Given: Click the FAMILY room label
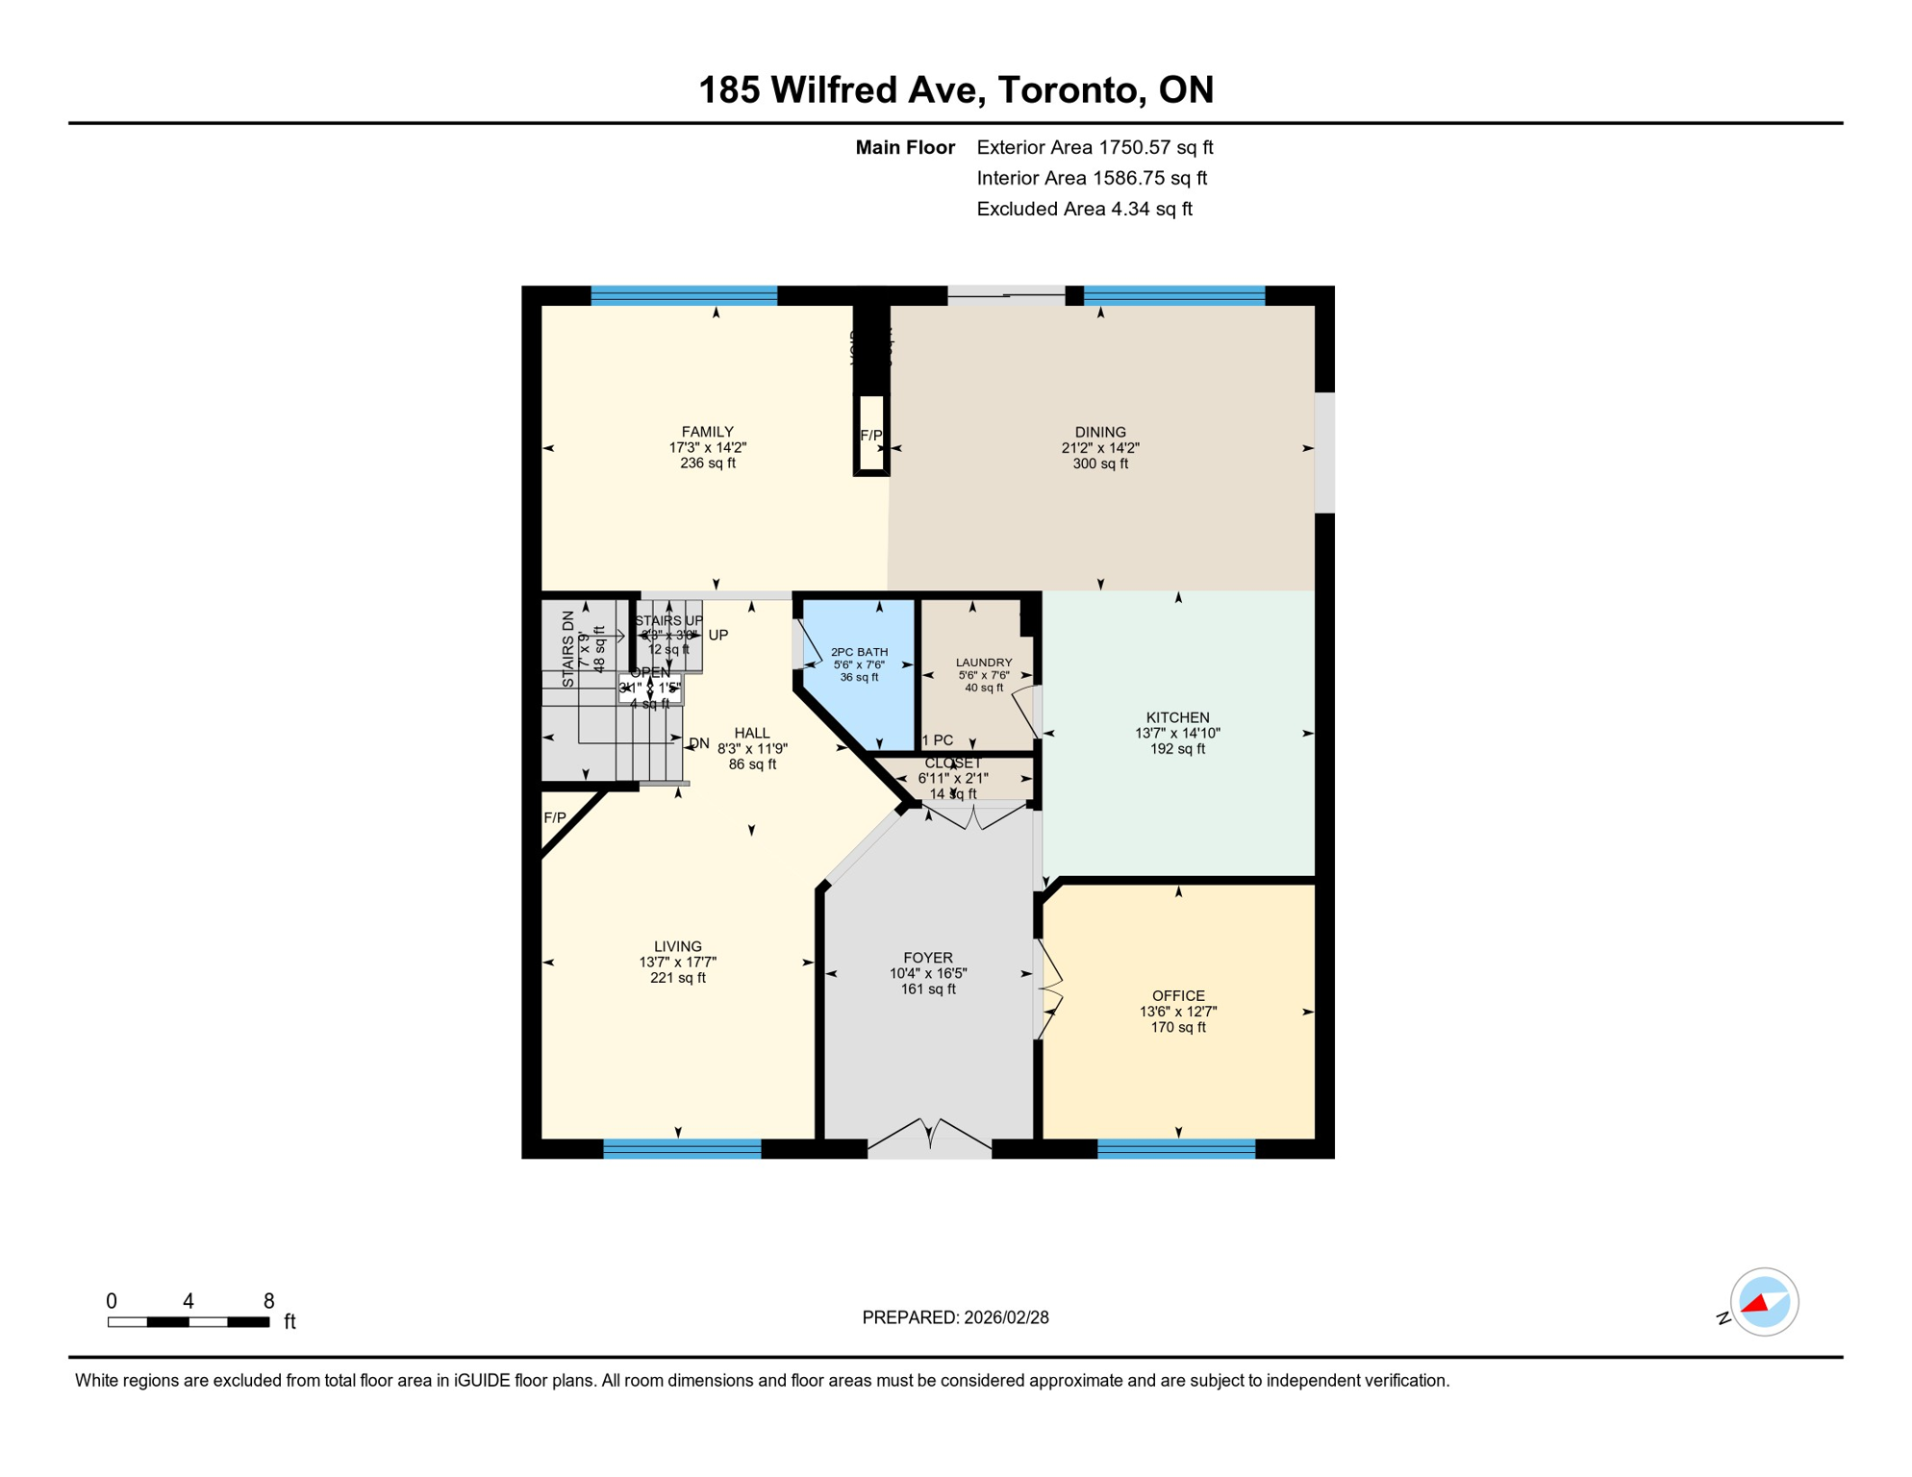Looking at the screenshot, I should coord(707,432).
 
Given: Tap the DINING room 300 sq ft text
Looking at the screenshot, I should coord(1100,463).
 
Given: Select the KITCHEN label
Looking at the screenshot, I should coord(1177,717).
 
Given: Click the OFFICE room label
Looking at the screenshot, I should coord(1178,995).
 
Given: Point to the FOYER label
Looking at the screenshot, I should coord(928,958).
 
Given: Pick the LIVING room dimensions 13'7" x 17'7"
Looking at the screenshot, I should coord(678,963).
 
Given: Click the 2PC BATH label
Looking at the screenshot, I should coord(859,652).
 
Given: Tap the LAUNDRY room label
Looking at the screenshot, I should coord(984,663).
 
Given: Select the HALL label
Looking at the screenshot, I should coord(752,733).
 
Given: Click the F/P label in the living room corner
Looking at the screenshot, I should coord(555,818).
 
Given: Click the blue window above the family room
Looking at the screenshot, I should coord(684,295).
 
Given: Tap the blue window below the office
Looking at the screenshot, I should coord(1176,1148).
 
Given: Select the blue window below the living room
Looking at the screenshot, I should coord(682,1148).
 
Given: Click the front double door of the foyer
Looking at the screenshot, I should coord(929,1139).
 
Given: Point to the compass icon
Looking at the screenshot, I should coord(1764,1302).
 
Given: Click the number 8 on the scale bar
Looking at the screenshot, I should coord(269,1301).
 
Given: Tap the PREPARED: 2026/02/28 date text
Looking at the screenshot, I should coord(955,1317).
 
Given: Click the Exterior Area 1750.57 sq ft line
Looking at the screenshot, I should coord(1094,147).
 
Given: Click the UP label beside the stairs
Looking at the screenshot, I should coord(718,636).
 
